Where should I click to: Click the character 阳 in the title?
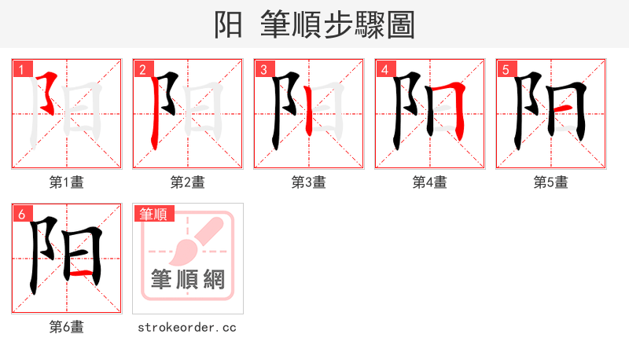coord(229,24)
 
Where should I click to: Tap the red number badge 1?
coord(21,69)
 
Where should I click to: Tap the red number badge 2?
coord(142,69)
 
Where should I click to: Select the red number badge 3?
coord(263,69)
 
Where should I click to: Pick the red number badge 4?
coord(384,69)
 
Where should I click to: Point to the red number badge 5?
coord(506,69)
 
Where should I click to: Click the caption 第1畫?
coord(67,182)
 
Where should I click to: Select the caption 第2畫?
coord(188,182)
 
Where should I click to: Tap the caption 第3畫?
coord(309,182)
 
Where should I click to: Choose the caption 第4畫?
coord(430,182)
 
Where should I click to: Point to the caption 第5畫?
coord(551,182)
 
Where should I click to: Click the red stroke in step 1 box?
coord(50,90)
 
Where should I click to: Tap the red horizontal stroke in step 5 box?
coord(564,107)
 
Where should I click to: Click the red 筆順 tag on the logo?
coord(155,214)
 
